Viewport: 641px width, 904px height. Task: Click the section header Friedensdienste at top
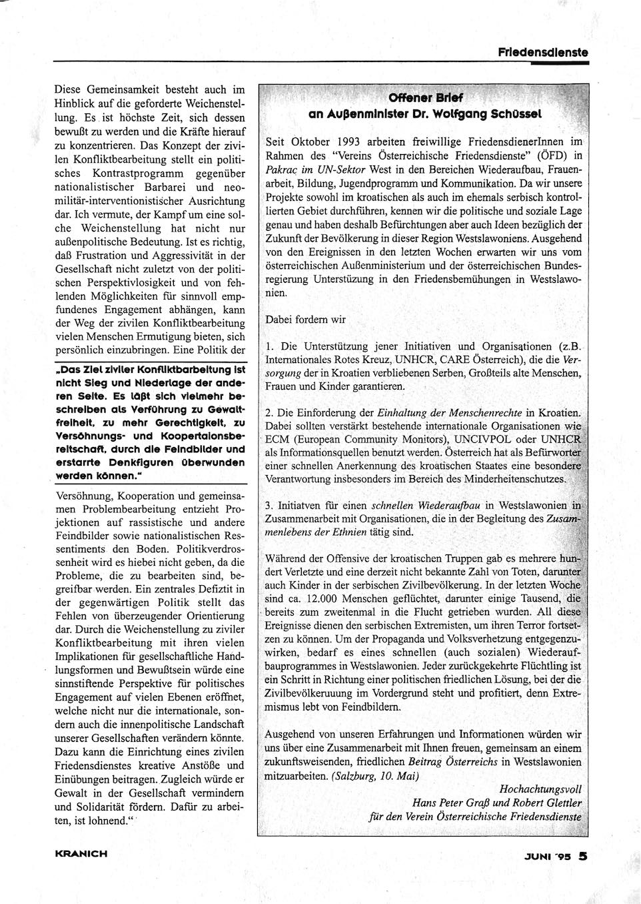(542, 52)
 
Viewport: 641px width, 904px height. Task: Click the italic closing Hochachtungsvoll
(540, 789)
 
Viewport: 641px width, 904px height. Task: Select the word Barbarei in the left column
(167, 187)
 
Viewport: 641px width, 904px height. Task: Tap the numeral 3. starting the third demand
(270, 506)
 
